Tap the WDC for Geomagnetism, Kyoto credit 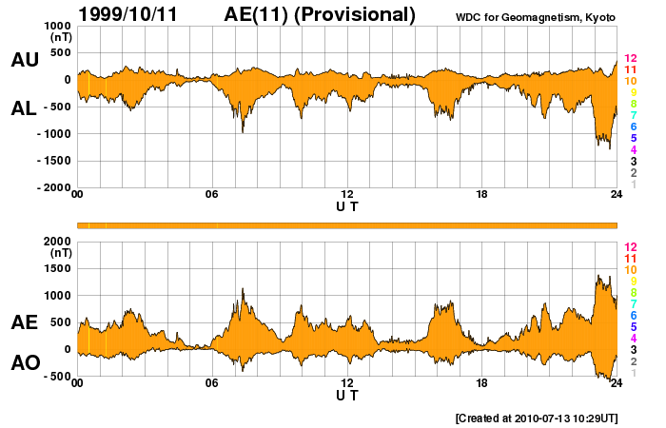[537, 18]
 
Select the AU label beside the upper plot [25, 60]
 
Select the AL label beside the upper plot [25, 108]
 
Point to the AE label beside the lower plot [25, 322]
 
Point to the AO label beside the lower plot [25, 363]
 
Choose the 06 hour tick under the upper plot [212, 195]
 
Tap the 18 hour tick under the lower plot [482, 384]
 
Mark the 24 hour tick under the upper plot [617, 195]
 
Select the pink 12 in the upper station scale [629, 59]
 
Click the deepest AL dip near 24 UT [609, 147]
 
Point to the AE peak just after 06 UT [243, 288]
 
